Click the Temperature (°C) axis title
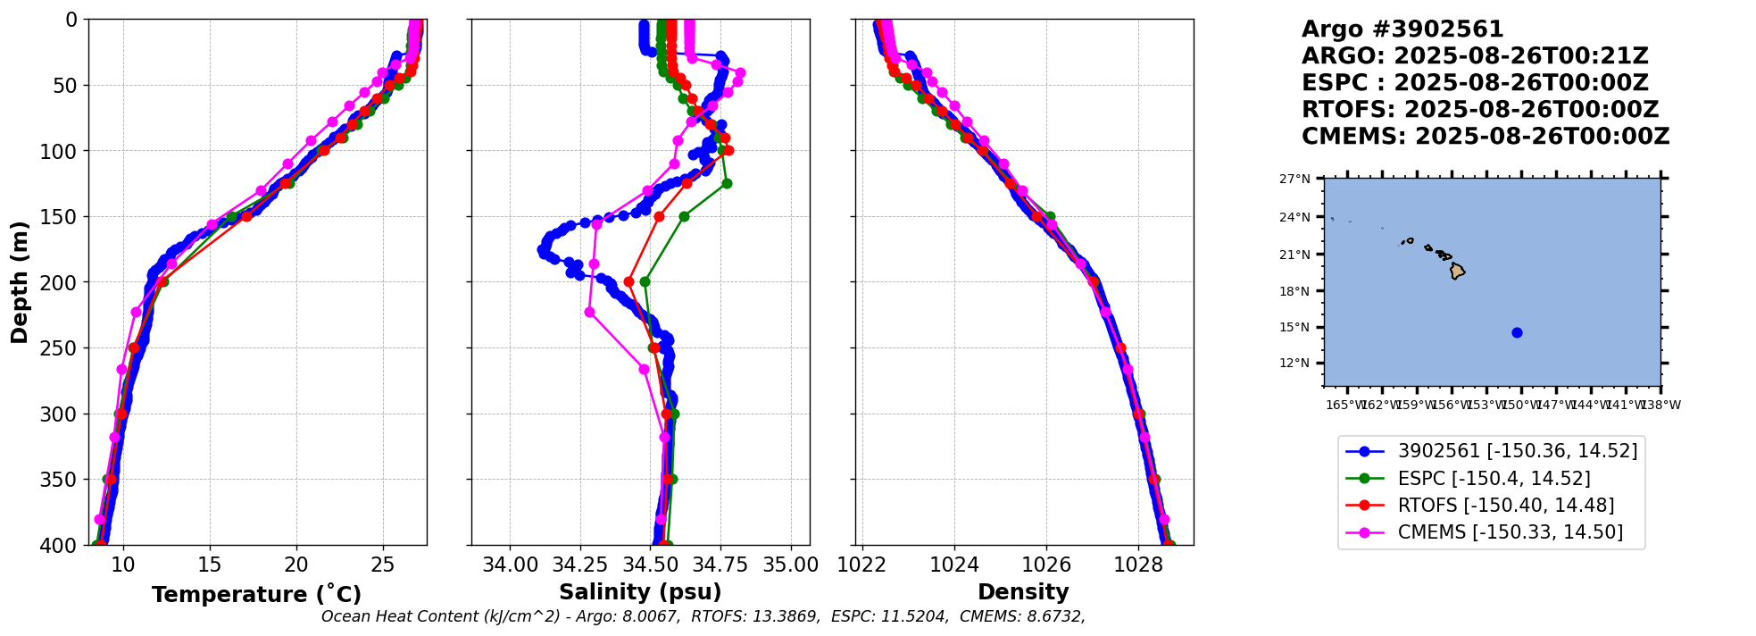[256, 595]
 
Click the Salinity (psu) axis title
[640, 592]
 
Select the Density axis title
[1023, 592]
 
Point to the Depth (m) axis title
[20, 282]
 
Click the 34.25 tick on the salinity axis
[580, 565]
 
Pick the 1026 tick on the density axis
[1046, 565]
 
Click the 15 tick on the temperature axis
[210, 565]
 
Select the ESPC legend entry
[1494, 479]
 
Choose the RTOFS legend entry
[1505, 506]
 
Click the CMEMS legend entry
[1510, 532]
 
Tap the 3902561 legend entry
[1517, 452]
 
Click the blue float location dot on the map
[1517, 333]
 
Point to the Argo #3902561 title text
[1402, 29]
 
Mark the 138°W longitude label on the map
[1660, 405]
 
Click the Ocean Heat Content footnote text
[703, 616]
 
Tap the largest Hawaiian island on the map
[1457, 271]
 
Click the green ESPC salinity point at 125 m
[727, 184]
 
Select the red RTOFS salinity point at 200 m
[628, 282]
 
